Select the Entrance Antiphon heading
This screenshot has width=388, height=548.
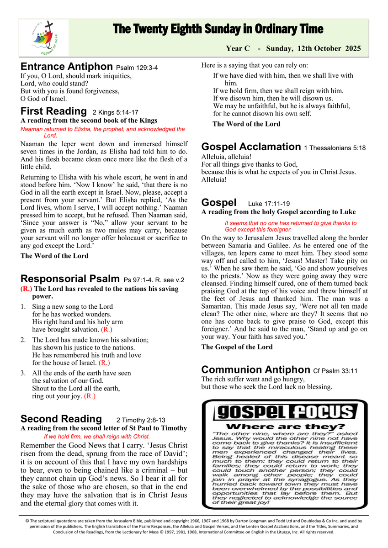click(x=67, y=67)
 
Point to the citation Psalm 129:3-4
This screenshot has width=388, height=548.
click(x=137, y=68)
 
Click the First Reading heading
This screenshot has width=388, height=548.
click(x=53, y=111)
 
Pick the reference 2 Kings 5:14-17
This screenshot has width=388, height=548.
click(x=115, y=112)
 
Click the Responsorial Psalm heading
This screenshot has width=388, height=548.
click(x=71, y=279)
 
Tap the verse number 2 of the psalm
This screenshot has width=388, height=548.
click(x=23, y=340)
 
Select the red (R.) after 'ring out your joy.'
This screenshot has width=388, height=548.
click(x=89, y=396)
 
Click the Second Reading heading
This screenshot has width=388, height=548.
click(x=61, y=419)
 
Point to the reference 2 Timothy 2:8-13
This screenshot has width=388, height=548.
click(x=141, y=420)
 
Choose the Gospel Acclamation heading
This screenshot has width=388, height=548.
click(x=251, y=147)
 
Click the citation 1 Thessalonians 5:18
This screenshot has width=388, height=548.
click(x=335, y=148)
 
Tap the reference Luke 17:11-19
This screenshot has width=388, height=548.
click(x=269, y=204)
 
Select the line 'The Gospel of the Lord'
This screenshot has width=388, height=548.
click(x=237, y=347)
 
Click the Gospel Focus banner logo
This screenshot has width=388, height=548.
click(x=286, y=412)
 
